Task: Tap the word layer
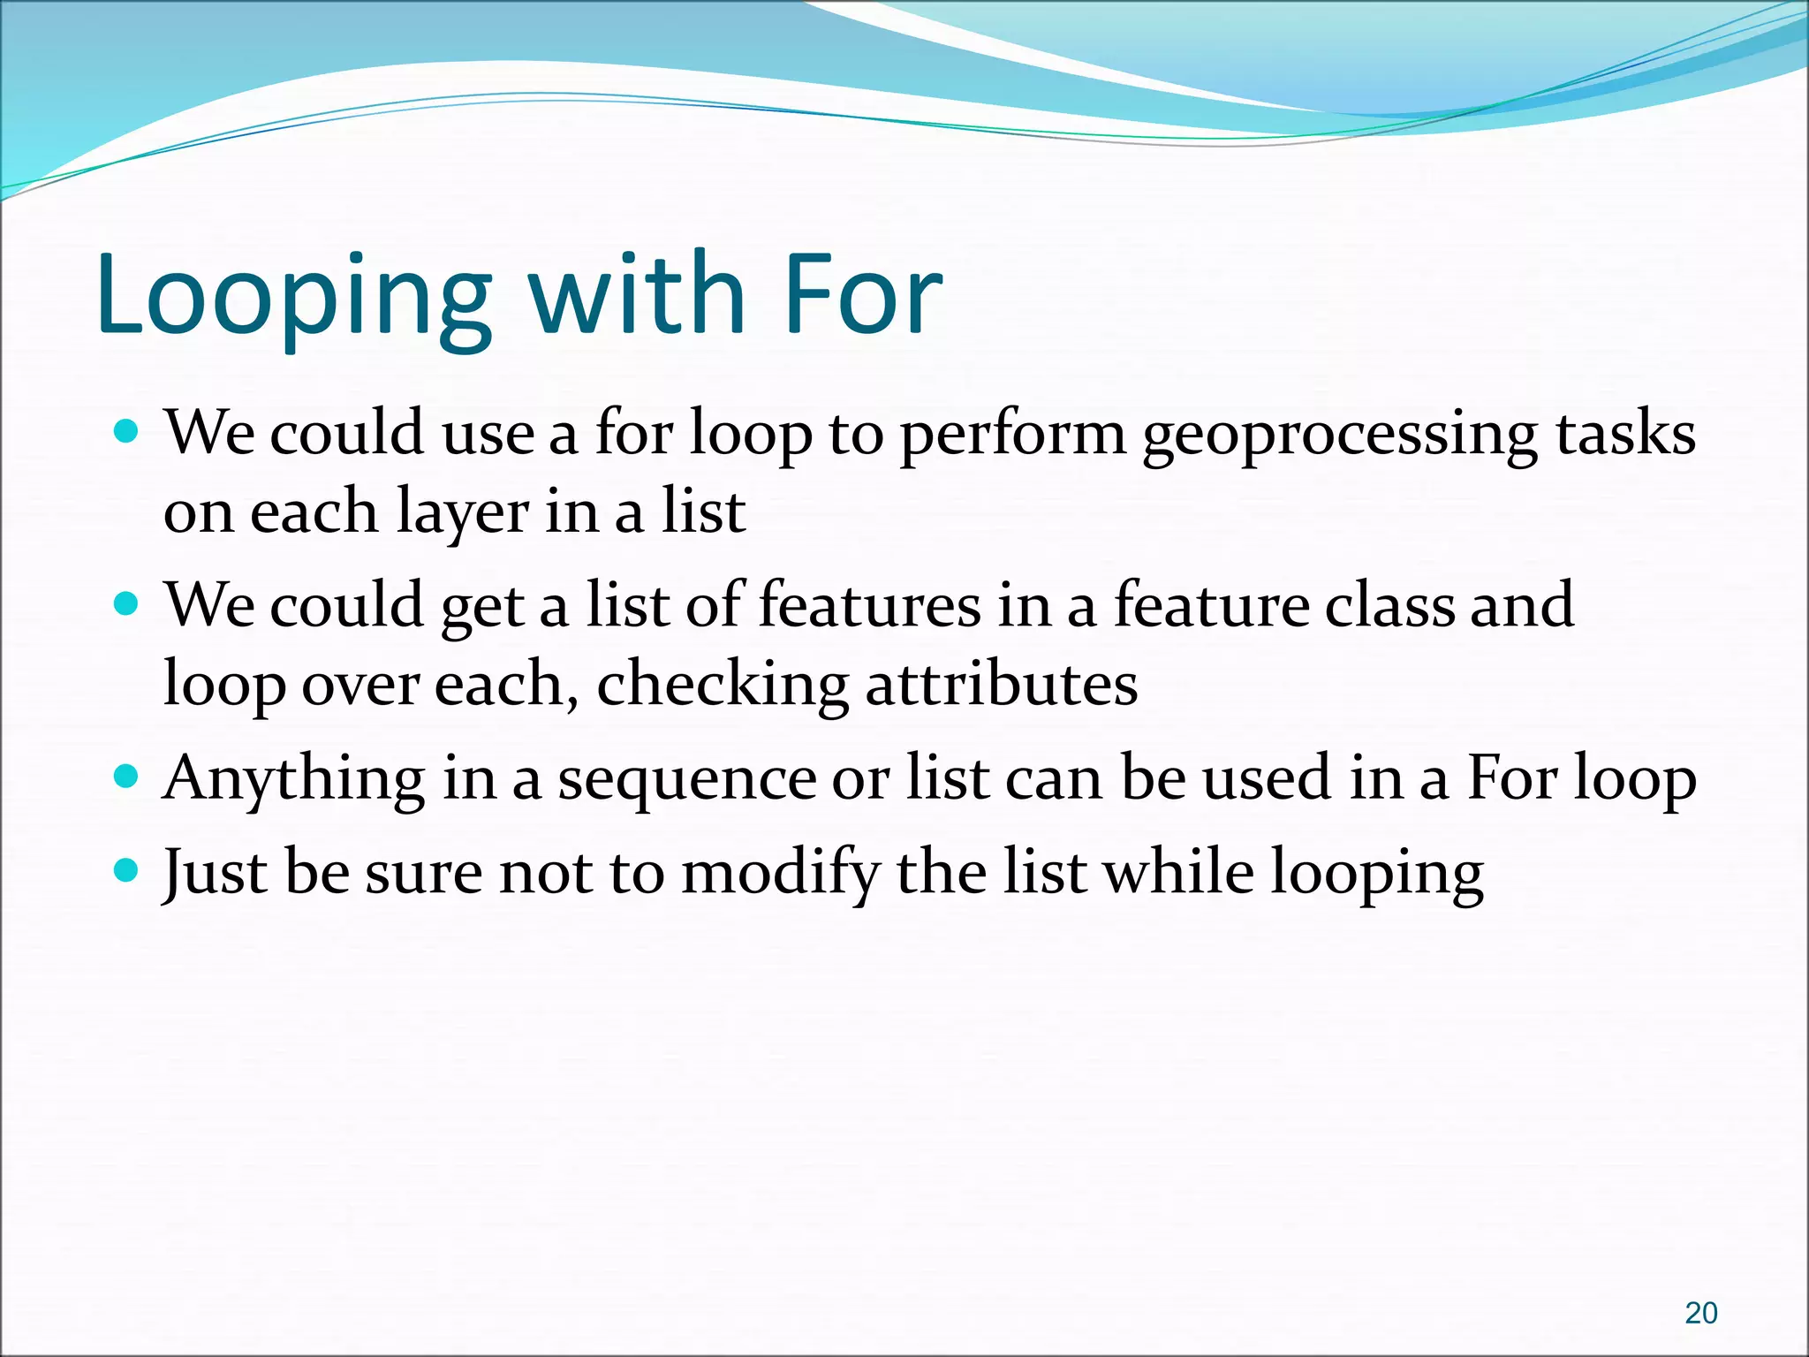click(x=461, y=513)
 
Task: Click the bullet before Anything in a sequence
click(x=127, y=777)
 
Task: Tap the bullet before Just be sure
click(x=127, y=871)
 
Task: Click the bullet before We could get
click(x=127, y=604)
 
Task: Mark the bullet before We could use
click(x=127, y=432)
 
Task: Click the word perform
click(x=1012, y=435)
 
